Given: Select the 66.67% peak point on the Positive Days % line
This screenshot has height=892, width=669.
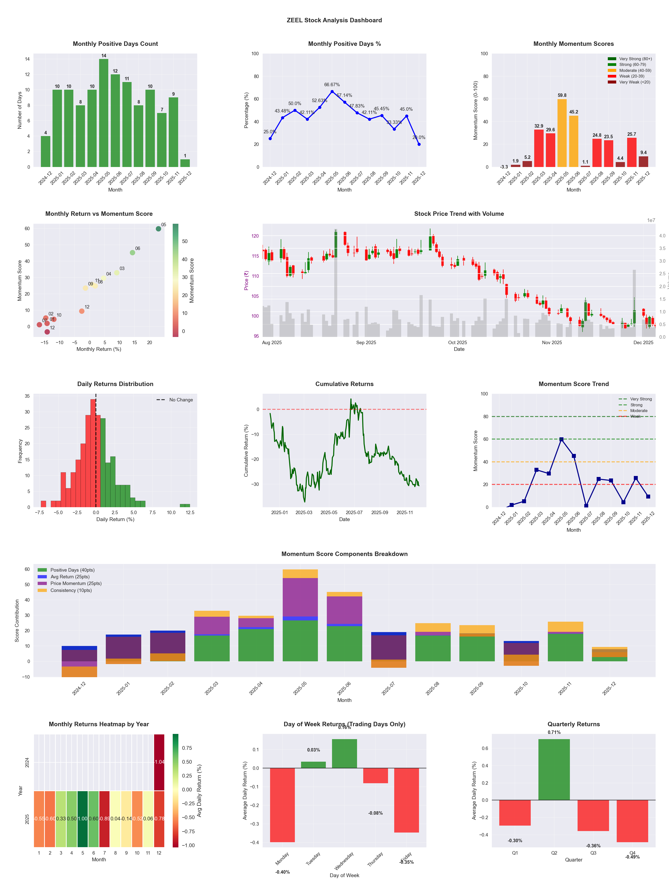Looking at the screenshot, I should (x=332, y=91).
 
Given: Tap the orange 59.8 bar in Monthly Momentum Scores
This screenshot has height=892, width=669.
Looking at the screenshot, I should (x=562, y=133).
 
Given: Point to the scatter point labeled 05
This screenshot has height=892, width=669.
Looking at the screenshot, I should (x=159, y=229).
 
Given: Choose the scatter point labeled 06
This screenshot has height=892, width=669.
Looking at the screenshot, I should (x=132, y=253).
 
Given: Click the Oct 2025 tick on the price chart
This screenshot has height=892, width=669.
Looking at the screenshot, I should (x=457, y=343).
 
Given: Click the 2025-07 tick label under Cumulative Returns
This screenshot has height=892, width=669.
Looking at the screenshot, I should (x=354, y=513).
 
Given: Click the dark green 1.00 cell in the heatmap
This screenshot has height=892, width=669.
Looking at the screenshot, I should (x=83, y=819).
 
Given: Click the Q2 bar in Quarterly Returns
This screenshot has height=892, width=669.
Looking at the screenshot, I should (x=554, y=769).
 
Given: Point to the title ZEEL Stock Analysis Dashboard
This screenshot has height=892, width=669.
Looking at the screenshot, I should (x=334, y=20).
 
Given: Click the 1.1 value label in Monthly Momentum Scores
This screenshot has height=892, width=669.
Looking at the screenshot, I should (x=585, y=162).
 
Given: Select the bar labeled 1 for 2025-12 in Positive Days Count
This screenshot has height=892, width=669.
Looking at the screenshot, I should (x=185, y=163).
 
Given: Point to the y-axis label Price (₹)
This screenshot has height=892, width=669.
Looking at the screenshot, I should (x=246, y=280).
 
